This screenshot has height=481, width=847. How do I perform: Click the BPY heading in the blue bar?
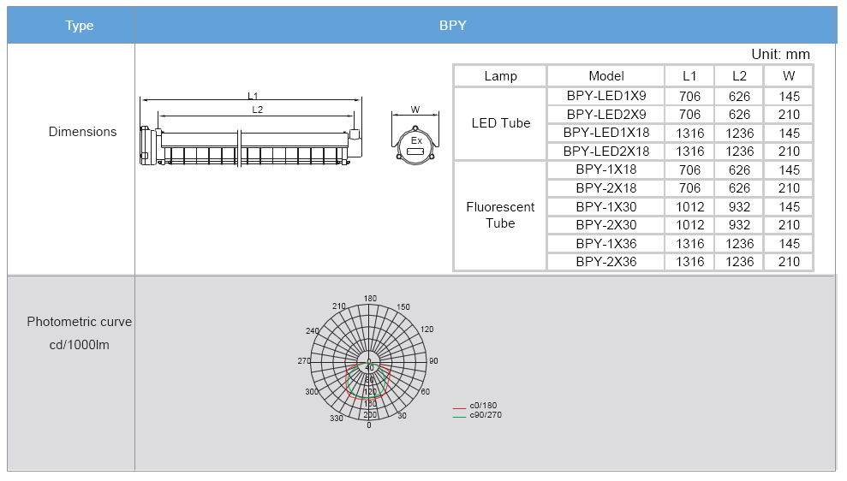click(453, 26)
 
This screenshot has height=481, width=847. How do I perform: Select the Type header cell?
click(80, 26)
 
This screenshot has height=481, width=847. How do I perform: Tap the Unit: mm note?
click(780, 55)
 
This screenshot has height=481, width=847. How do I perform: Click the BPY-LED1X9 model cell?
click(606, 96)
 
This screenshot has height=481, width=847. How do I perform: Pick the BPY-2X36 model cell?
click(606, 262)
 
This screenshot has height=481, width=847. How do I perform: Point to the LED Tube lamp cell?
click(501, 123)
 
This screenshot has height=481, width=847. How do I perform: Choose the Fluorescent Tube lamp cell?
click(500, 215)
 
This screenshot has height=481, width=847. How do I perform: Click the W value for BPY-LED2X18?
click(789, 151)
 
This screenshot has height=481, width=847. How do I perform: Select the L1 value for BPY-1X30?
click(689, 207)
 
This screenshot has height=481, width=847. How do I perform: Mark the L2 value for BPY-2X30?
click(739, 225)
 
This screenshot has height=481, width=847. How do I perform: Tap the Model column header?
click(606, 76)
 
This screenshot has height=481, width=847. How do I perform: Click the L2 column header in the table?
click(739, 76)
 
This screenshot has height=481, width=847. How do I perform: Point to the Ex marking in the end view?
click(416, 140)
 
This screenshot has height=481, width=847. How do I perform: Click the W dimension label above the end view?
click(415, 110)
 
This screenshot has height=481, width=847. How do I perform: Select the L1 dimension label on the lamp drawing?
click(253, 96)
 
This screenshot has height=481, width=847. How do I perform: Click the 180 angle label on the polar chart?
click(370, 299)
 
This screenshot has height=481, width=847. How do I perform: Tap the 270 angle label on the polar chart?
click(304, 360)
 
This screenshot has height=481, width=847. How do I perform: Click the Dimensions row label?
click(83, 132)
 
